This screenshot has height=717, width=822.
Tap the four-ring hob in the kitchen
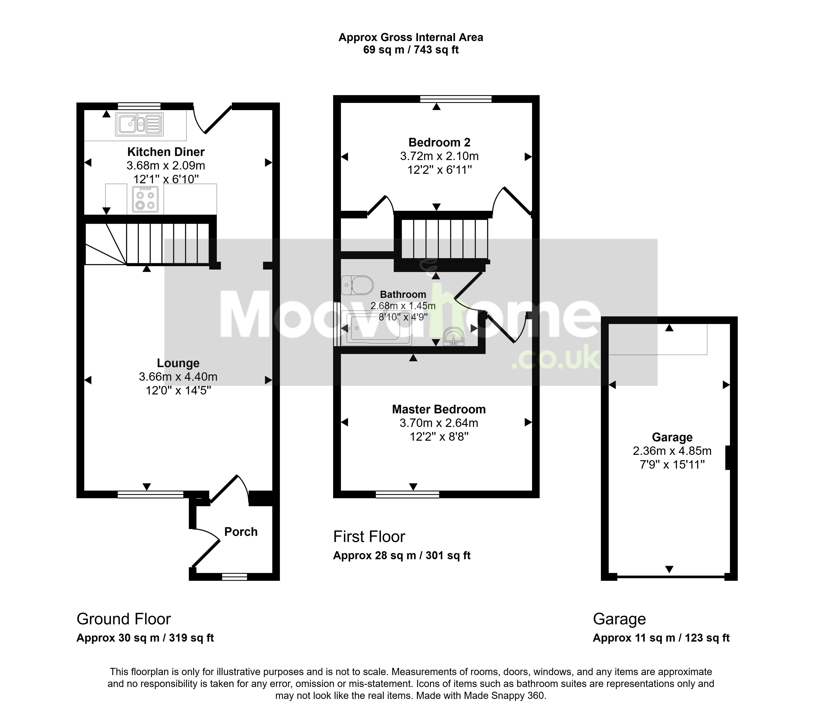(x=145, y=199)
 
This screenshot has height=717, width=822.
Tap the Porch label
(x=241, y=532)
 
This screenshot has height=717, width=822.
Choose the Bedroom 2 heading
(x=439, y=142)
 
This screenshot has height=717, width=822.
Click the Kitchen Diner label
(x=166, y=152)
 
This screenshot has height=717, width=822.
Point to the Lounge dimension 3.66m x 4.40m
(x=178, y=377)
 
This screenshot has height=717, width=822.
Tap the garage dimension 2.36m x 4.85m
(x=672, y=451)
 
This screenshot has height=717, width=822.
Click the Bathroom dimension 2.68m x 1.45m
(x=403, y=306)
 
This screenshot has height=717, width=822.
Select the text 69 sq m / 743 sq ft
(x=411, y=50)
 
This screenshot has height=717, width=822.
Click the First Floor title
(x=369, y=537)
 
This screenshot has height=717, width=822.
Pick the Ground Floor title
(x=124, y=619)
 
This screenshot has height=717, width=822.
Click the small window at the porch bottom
(x=234, y=576)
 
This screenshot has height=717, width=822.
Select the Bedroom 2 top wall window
(x=456, y=99)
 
